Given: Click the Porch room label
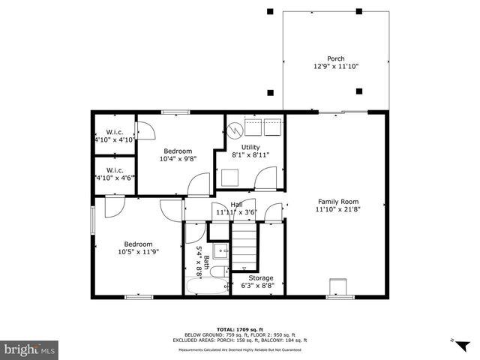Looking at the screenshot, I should click(x=335, y=59).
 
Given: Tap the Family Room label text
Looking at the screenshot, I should click(x=338, y=202).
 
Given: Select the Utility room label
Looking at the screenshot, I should click(x=250, y=147).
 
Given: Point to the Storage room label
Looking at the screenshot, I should click(x=261, y=277).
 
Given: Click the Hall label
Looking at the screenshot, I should click(x=236, y=204).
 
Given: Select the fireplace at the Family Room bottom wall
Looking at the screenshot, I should click(x=338, y=287).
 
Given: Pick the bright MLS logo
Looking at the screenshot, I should click(x=30, y=349).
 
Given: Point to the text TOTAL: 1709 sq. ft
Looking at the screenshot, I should click(x=240, y=329).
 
